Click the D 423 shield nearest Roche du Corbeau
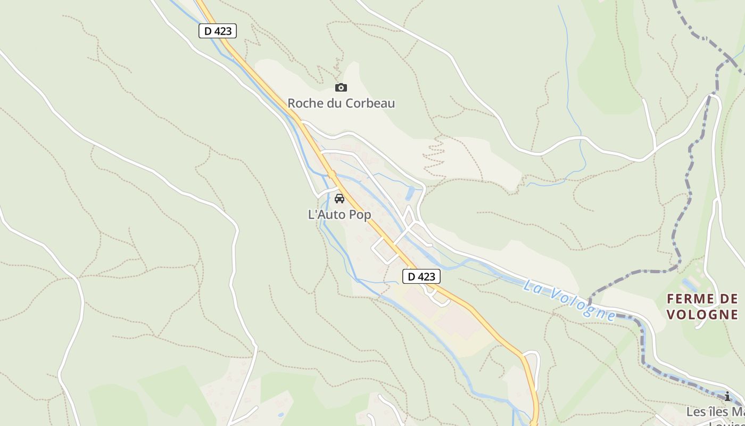(x=217, y=31)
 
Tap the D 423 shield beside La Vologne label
(x=421, y=276)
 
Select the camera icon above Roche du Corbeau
(x=341, y=87)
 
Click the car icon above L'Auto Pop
(x=339, y=199)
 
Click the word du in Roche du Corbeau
(x=334, y=103)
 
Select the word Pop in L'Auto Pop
(x=361, y=215)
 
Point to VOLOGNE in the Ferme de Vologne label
(x=702, y=314)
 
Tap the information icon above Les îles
(x=727, y=397)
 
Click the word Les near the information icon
(x=694, y=412)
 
